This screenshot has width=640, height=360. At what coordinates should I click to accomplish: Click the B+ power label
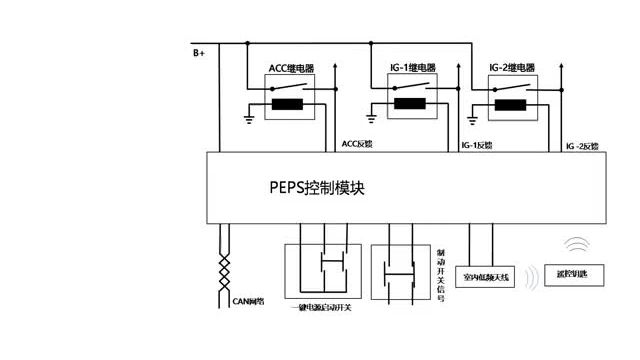tap(198, 51)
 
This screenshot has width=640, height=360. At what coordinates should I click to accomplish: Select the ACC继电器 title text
tap(292, 68)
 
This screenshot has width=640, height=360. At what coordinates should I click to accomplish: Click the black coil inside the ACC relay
tap(290, 104)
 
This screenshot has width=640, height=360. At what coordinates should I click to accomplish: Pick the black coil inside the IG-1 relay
tap(409, 104)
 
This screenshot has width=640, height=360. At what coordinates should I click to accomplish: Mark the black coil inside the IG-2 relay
tap(511, 104)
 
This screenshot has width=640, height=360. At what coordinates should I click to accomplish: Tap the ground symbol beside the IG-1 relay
tap(372, 118)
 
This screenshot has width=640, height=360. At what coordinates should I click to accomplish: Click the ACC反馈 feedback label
tap(357, 143)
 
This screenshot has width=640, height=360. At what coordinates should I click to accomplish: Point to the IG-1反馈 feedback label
tap(477, 146)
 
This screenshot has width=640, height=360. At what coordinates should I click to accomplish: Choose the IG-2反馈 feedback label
tap(582, 146)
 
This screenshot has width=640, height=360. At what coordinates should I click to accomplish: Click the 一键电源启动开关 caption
tap(319, 307)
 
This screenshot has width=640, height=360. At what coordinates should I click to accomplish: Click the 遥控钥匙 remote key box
tap(572, 273)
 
